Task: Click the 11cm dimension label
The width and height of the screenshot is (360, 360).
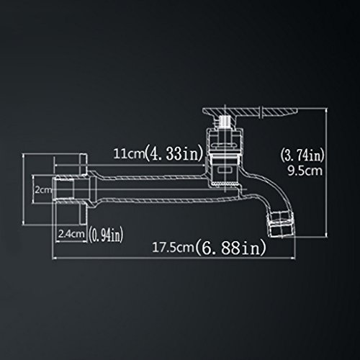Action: pyautogui.click(x=129, y=153)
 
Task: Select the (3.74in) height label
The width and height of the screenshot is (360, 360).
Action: pyautogui.click(x=302, y=156)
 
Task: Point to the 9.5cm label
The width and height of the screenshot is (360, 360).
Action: pyautogui.click(x=305, y=171)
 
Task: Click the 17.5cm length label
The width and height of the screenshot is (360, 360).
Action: pyautogui.click(x=174, y=247)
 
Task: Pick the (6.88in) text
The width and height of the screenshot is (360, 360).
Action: pyautogui.click(x=230, y=248)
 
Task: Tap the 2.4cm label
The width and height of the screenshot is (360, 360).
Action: pyautogui.click(x=71, y=234)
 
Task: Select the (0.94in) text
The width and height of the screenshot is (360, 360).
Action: pyautogui.click(x=106, y=234)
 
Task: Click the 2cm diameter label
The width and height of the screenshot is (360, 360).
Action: pyautogui.click(x=43, y=190)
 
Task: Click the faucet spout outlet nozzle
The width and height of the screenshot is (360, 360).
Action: pyautogui.click(x=282, y=224)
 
